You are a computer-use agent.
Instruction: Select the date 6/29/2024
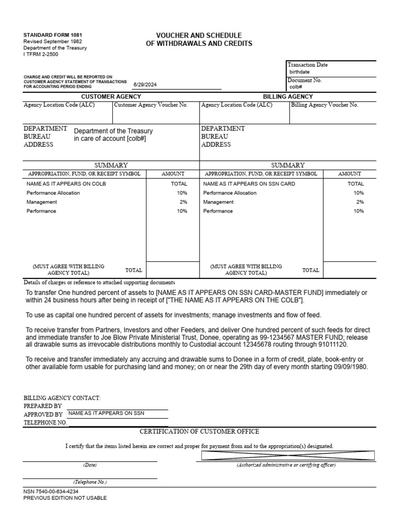tap(145, 84)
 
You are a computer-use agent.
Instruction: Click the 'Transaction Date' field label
tap(307, 65)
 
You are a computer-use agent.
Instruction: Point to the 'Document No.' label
tap(304, 80)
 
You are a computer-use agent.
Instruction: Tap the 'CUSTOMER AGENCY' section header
tap(111, 96)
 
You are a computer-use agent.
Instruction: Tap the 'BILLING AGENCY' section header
tap(288, 96)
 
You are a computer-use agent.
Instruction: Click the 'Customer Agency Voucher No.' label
tap(151, 105)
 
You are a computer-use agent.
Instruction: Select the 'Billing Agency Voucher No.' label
tap(325, 105)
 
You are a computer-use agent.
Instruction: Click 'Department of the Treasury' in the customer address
tap(113, 131)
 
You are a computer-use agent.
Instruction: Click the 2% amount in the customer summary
tap(184, 202)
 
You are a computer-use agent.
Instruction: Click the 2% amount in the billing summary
tap(360, 202)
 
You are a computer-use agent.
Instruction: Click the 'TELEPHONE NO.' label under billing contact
tap(45, 422)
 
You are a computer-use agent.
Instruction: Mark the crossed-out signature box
tap(288, 455)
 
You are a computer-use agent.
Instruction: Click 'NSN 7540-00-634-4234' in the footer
tap(51, 491)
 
